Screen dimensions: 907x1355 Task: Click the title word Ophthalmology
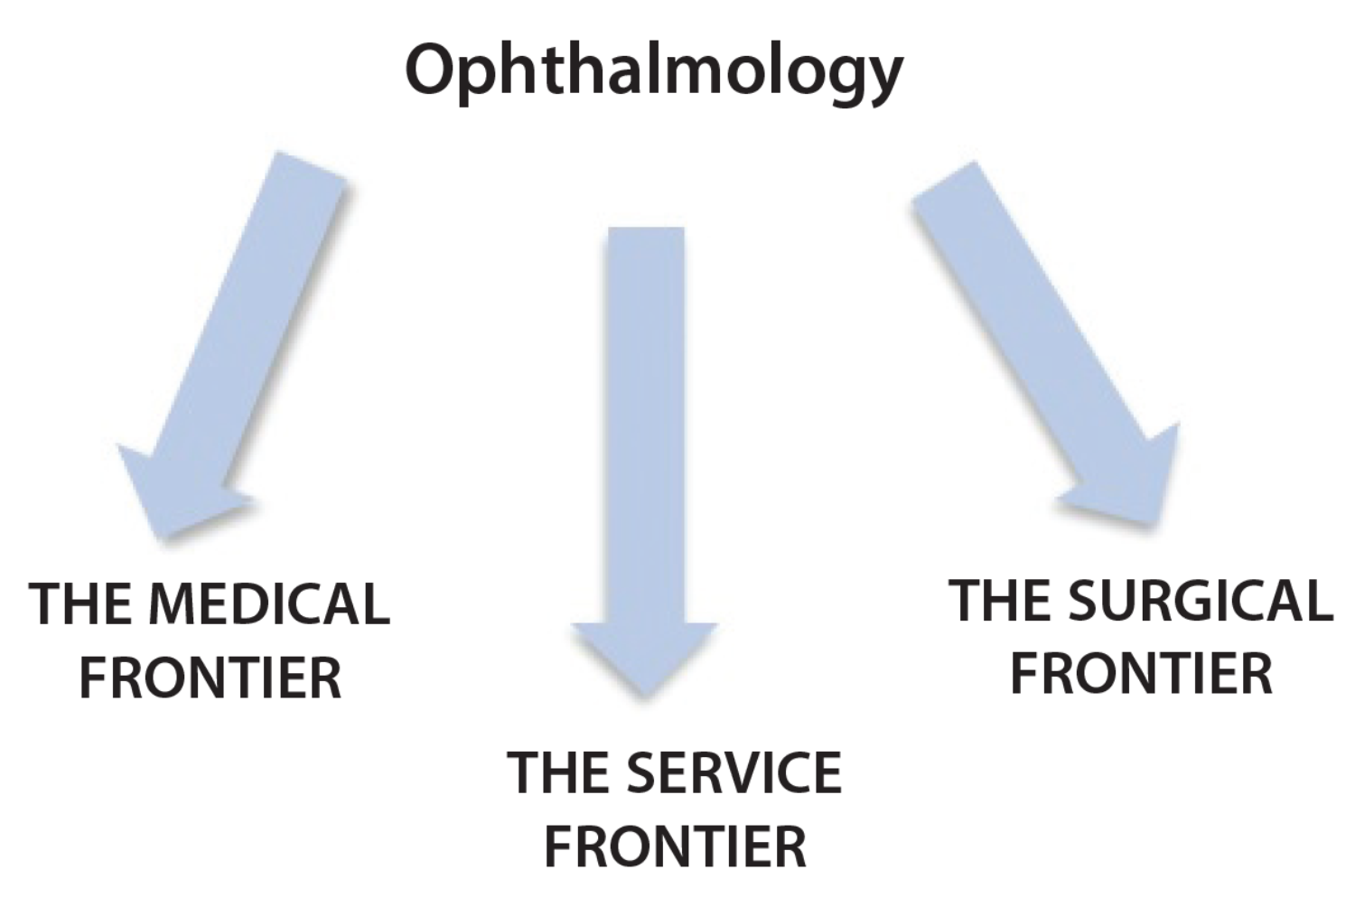coord(653,70)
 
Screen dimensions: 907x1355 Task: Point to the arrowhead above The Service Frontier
coord(645,655)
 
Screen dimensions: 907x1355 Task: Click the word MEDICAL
coord(268,604)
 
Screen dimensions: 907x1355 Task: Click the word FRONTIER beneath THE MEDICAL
coord(210,678)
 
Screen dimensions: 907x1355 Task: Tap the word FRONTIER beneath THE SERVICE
coord(675,846)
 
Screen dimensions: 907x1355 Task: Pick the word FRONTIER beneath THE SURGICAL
coord(1141,674)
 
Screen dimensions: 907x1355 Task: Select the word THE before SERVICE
coord(560,773)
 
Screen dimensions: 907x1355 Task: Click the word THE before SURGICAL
coord(1001,601)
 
